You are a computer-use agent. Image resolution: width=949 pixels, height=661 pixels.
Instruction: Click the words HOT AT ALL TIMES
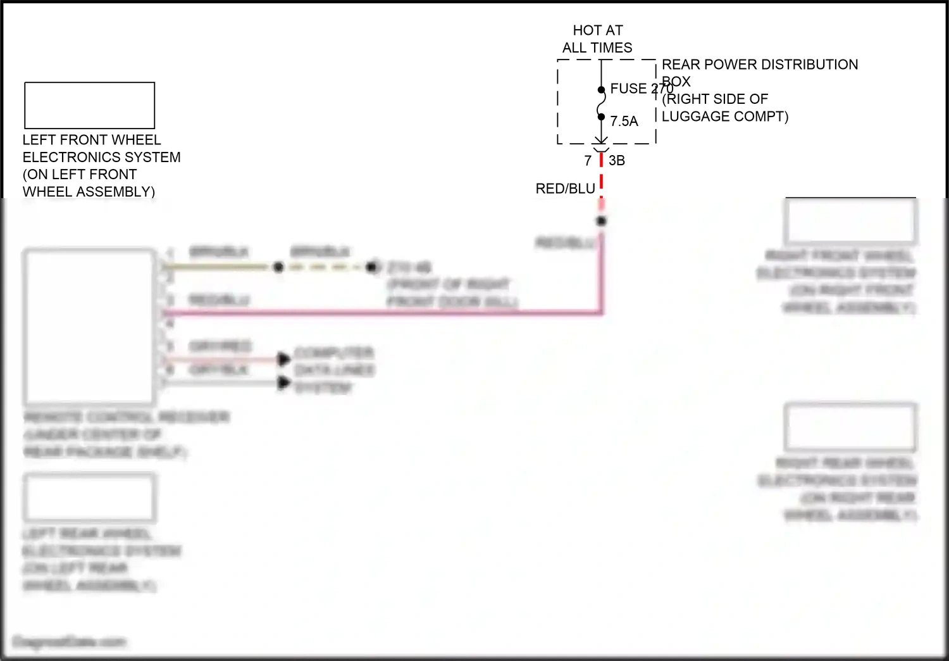[597, 39]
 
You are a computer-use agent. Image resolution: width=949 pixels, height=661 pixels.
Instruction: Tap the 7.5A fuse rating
[624, 121]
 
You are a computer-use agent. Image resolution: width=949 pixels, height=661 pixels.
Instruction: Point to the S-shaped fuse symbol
[601, 103]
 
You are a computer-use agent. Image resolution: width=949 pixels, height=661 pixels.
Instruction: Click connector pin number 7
[588, 161]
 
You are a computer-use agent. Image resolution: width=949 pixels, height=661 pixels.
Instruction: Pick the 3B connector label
[617, 161]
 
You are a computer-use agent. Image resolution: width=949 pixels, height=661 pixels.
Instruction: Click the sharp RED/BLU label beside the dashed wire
[565, 189]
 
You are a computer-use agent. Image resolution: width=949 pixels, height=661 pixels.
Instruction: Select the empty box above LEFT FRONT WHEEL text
[90, 106]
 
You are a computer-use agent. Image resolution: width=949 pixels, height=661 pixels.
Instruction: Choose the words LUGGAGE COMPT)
[725, 116]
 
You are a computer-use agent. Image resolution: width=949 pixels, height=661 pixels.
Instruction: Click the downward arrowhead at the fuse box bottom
[601, 139]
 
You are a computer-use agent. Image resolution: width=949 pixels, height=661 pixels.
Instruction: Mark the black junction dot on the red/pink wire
[601, 221]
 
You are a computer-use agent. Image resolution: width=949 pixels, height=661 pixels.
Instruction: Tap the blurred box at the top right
[850, 221]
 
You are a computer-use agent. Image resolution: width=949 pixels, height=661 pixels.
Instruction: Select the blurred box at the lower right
[850, 427]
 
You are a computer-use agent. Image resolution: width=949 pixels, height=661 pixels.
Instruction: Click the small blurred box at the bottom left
[90, 497]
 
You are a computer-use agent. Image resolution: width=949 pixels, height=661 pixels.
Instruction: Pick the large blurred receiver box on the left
[90, 327]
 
